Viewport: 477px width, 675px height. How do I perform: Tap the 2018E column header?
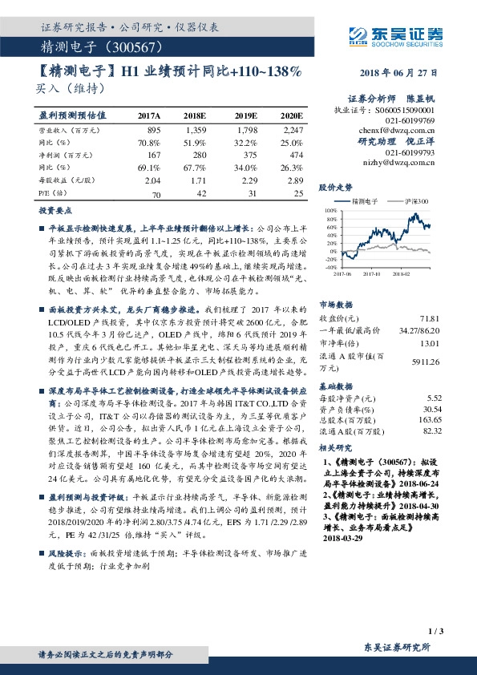point(196,115)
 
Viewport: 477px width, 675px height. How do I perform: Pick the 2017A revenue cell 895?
point(155,129)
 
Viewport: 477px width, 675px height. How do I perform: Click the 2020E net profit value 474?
point(297,155)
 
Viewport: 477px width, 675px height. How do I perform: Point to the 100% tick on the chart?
point(332,211)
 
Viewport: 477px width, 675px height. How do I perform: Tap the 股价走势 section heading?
point(335,186)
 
